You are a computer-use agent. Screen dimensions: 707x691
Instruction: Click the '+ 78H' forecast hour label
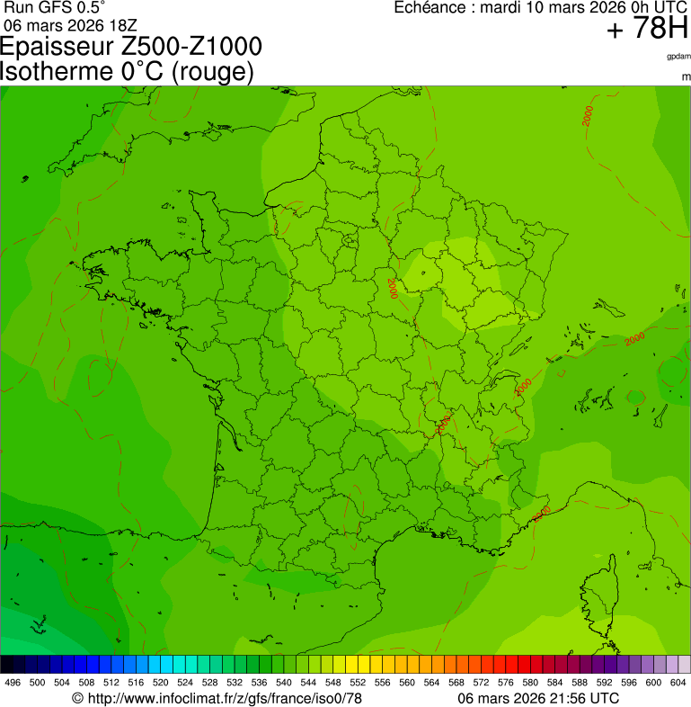[647, 29]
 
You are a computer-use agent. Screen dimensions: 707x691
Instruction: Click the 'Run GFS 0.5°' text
[54, 7]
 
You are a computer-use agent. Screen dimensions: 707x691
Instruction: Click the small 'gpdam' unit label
[678, 57]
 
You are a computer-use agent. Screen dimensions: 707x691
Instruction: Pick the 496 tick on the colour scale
[13, 683]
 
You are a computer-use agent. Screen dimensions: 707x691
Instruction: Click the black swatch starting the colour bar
[7, 665]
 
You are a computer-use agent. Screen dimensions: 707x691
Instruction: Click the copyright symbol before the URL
[77, 698]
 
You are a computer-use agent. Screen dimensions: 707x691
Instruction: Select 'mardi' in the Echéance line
[501, 7]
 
